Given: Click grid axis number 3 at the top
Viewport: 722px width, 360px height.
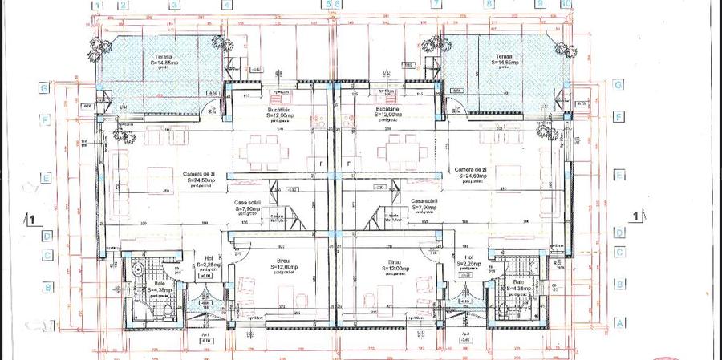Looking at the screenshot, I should [x=174, y=4].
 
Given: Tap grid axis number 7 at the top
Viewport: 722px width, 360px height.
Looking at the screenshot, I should [x=436, y=4].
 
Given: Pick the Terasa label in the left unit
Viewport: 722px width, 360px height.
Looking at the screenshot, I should [x=165, y=57].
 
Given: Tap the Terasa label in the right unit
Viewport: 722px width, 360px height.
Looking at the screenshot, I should [x=504, y=57].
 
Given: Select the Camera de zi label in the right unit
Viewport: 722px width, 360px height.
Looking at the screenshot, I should [x=471, y=171].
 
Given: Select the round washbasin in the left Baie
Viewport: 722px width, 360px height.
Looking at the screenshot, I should [x=137, y=269].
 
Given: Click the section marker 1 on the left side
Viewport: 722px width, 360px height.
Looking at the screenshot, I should [x=30, y=217].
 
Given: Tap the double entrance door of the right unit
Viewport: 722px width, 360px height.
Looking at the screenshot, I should [x=464, y=308].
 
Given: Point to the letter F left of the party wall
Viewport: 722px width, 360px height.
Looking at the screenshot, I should [x=321, y=164].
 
